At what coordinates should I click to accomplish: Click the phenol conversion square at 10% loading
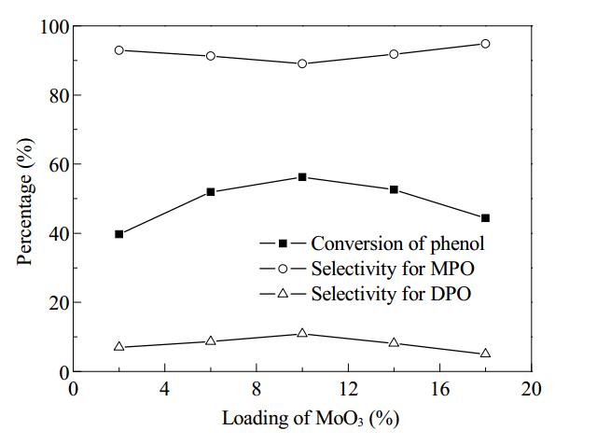pos(302,177)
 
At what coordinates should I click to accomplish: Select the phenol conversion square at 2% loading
pos(119,234)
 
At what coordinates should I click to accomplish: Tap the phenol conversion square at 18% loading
pos(485,218)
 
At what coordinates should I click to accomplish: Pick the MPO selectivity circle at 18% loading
pos(485,44)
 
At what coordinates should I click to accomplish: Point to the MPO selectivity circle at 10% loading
pos(302,63)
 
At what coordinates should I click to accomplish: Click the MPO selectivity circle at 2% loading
pos(119,50)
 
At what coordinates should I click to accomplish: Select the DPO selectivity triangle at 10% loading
pos(302,333)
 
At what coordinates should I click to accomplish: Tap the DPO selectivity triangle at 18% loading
pos(485,353)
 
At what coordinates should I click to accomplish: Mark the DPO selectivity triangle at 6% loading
pos(211,340)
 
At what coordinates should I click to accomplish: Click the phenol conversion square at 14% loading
pos(394,189)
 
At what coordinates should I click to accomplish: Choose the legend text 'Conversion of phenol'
pos(398,243)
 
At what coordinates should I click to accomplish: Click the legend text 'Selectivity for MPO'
pos(393,269)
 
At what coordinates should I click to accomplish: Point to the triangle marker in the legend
pos(283,293)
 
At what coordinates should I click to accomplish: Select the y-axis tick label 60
pos(59,164)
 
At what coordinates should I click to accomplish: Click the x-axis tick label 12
pos(348,389)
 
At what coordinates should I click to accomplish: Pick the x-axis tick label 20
pos(531,389)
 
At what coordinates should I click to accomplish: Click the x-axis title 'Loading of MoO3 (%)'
pos(311,419)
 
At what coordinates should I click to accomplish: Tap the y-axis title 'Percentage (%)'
pos(26,201)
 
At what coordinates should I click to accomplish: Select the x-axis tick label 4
pos(165,389)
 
